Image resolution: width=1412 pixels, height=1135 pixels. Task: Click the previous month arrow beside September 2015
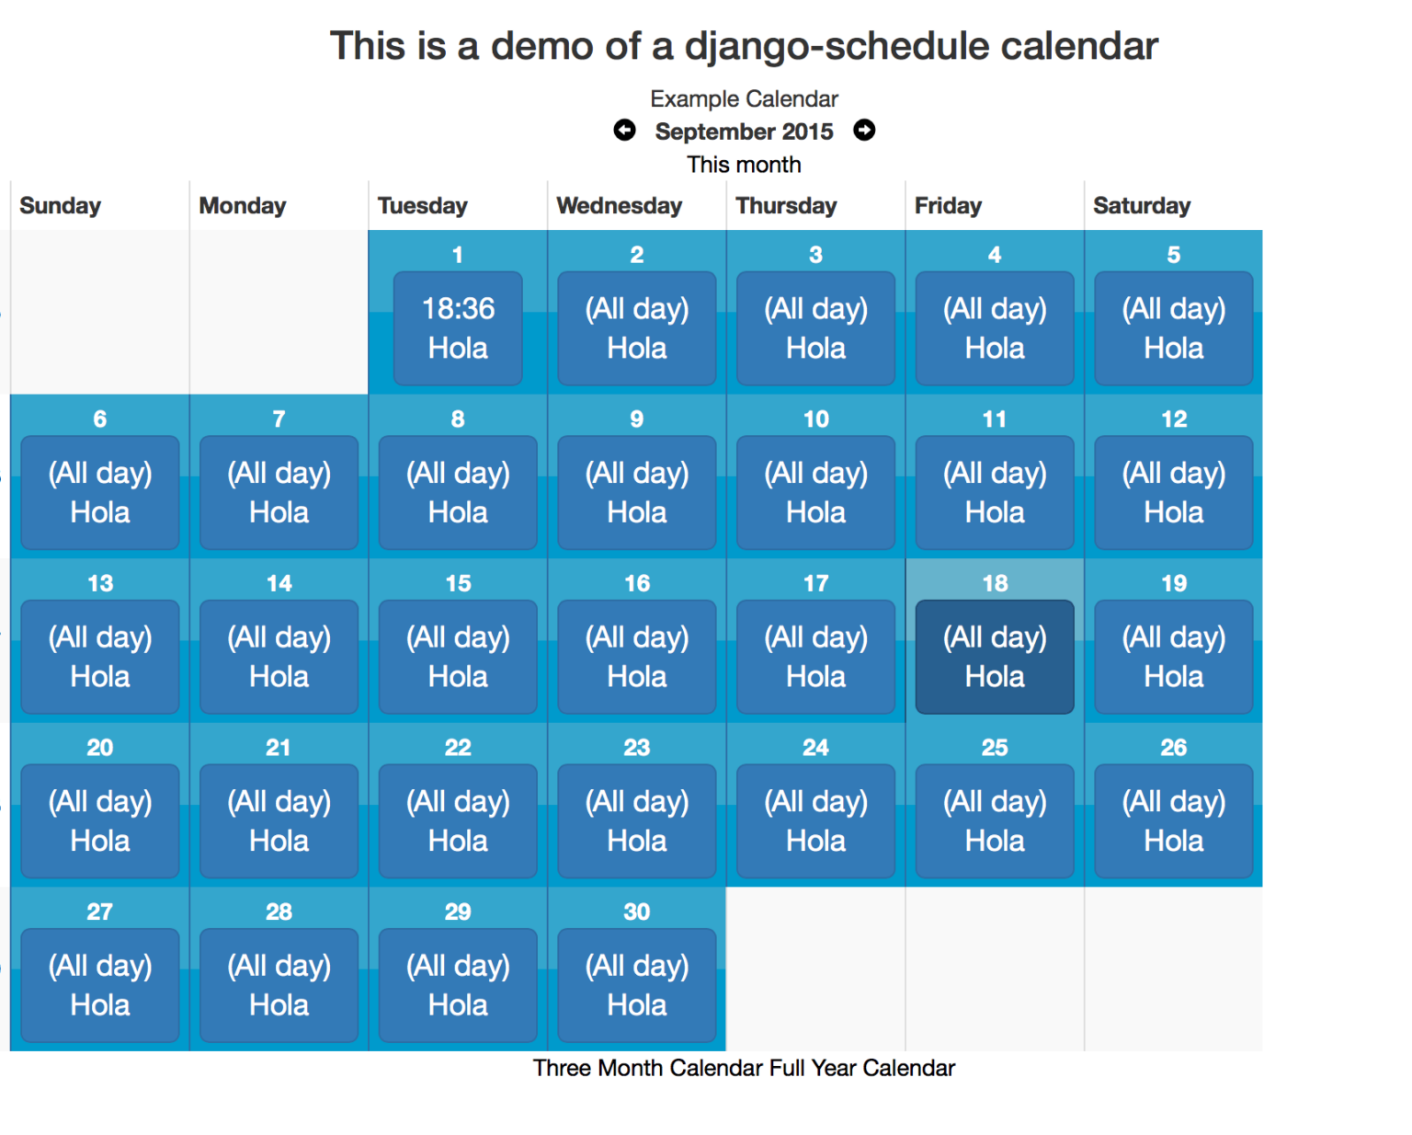pyautogui.click(x=624, y=131)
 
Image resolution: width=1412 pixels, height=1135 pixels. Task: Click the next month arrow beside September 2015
pyautogui.click(x=864, y=131)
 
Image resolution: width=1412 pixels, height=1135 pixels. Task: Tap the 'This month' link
pyautogui.click(x=744, y=165)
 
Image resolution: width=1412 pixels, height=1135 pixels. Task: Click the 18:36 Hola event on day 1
pyautogui.click(x=458, y=328)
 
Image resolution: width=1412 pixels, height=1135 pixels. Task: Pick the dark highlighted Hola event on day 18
pyautogui.click(x=995, y=657)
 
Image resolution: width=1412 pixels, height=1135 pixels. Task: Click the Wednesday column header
pyautogui.click(x=619, y=206)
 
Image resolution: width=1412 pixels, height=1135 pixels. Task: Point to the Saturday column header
pyautogui.click(x=1141, y=206)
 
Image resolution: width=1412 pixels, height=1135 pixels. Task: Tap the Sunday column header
pyautogui.click(x=61, y=206)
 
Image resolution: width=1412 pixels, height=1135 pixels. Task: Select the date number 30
pyautogui.click(x=636, y=911)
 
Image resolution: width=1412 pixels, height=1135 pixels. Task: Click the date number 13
pyautogui.click(x=100, y=583)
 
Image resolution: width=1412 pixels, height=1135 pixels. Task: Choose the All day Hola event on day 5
pyautogui.click(x=1173, y=328)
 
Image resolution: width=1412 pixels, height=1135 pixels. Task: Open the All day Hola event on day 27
pyautogui.click(x=100, y=985)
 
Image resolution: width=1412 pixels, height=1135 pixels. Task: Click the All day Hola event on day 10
pyautogui.click(x=815, y=492)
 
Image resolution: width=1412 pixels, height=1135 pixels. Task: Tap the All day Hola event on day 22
pyautogui.click(x=458, y=820)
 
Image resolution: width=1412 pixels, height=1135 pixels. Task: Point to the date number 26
pyautogui.click(x=1173, y=748)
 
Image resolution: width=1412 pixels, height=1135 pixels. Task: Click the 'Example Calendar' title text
pyautogui.click(x=744, y=98)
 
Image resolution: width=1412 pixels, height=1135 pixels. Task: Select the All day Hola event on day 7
pyautogui.click(x=279, y=492)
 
